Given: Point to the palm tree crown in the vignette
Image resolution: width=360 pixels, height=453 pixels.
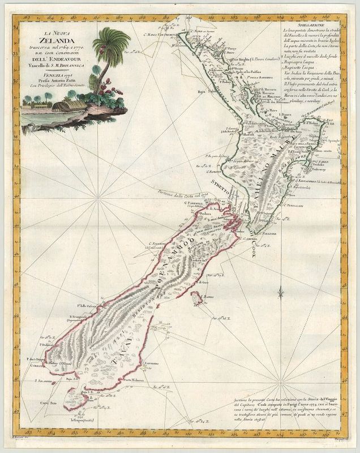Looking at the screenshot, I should click(107, 42).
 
